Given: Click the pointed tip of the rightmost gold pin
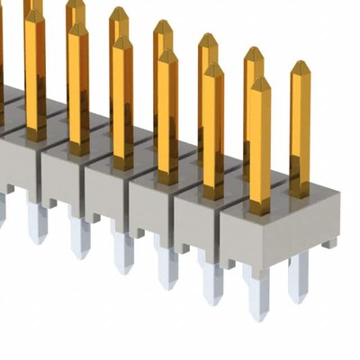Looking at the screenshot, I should coord(300,64).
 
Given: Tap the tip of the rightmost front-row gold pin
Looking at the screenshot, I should coord(259,82).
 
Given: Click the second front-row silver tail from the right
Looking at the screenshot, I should coord(212,283).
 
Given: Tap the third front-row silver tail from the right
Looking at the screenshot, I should coord(166,267).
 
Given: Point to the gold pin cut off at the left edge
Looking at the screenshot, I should coord(2,54).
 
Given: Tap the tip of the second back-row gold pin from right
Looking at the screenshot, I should coord(254,51).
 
